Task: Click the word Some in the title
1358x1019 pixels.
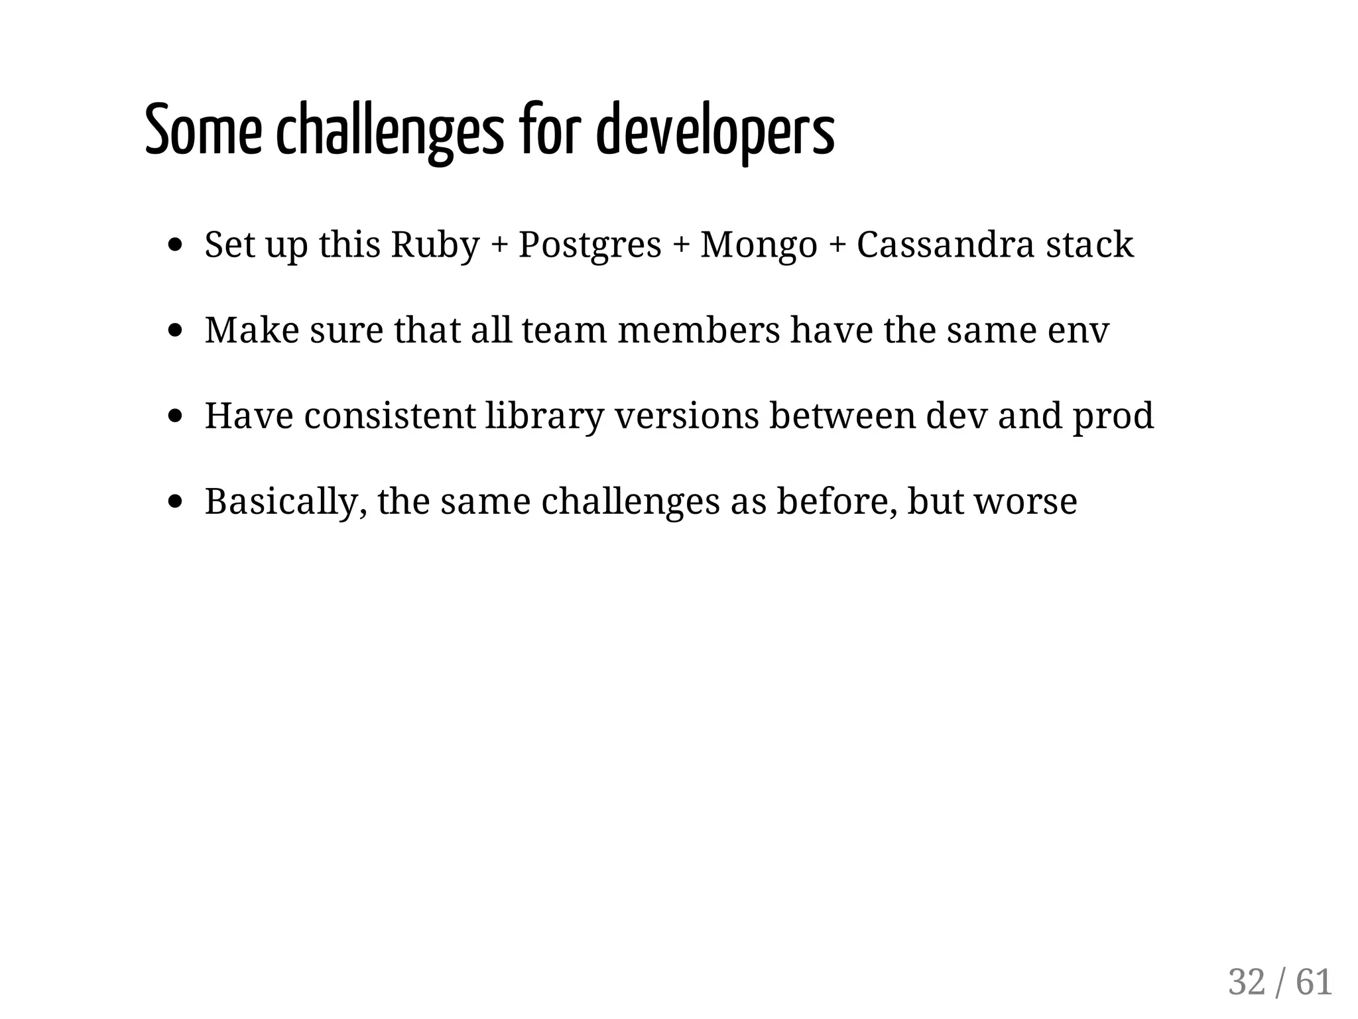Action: [x=203, y=131]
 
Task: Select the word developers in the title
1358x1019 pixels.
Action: [x=715, y=131]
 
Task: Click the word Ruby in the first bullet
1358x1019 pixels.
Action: [x=435, y=245]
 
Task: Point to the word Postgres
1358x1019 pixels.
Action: [x=589, y=245]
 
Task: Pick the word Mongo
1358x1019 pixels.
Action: [x=759, y=245]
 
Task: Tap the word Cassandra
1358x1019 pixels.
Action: [x=945, y=245]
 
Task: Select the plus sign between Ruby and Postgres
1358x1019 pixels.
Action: [x=498, y=246]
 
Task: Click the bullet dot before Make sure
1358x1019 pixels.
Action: [x=176, y=330]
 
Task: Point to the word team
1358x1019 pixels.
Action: [x=564, y=330]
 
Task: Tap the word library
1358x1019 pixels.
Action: [x=544, y=416]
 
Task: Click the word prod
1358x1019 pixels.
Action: [x=1113, y=416]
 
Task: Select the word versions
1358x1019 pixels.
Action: [x=686, y=416]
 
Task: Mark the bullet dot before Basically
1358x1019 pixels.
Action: [x=176, y=501]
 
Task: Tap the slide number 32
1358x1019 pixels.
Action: [x=1247, y=982]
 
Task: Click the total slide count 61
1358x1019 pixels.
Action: [x=1314, y=982]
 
